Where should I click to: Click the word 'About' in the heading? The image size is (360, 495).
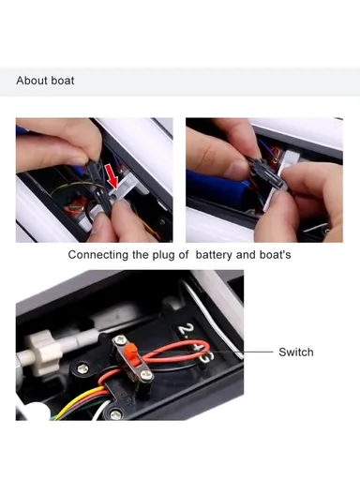(x=32, y=81)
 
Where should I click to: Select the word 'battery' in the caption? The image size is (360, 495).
(x=221, y=255)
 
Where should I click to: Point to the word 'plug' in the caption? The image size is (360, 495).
(x=166, y=255)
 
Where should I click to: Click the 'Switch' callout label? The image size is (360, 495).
(x=295, y=352)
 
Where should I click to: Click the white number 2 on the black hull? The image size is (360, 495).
(x=184, y=331)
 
